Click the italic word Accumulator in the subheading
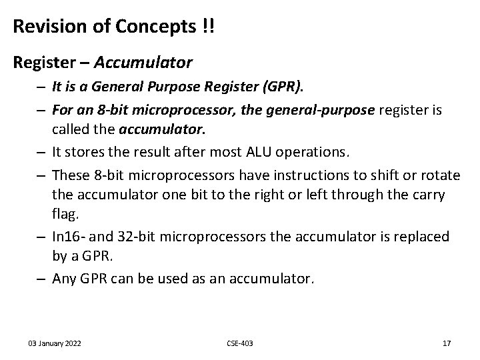point(143,63)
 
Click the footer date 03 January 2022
point(55,343)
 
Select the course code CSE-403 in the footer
point(240,343)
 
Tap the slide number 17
point(447,343)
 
